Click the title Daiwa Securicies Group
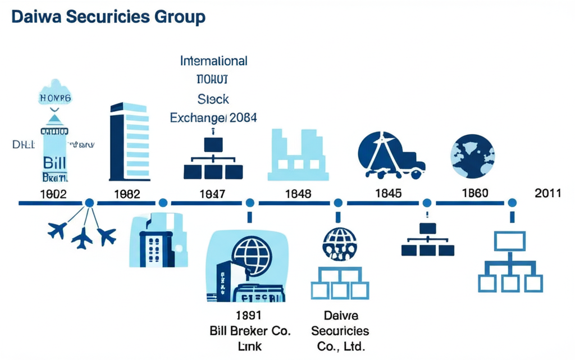[x=108, y=17]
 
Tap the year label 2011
[x=548, y=193]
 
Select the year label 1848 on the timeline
[x=298, y=194]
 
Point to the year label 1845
[x=388, y=193]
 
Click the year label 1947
[x=212, y=194]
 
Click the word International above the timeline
[x=213, y=61]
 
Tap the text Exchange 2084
[x=213, y=118]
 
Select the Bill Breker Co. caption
[x=250, y=330]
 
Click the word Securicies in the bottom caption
[x=340, y=330]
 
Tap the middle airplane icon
[x=82, y=238]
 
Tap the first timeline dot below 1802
[x=89, y=203]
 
